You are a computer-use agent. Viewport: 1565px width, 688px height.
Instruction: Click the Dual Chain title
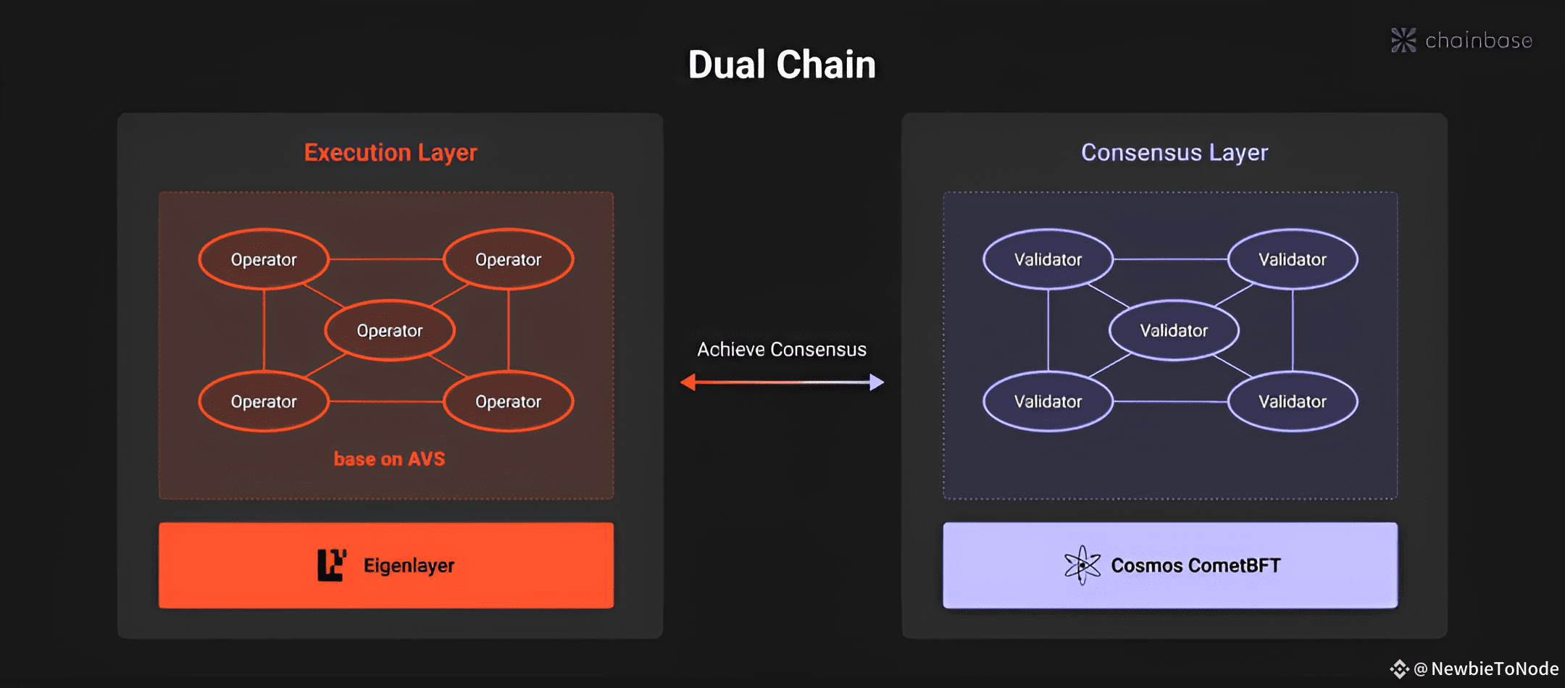point(782,64)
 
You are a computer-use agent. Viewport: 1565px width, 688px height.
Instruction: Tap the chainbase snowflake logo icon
point(1403,40)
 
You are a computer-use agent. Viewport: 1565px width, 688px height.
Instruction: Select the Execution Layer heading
point(391,153)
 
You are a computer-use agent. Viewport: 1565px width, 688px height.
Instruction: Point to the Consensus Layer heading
point(1174,153)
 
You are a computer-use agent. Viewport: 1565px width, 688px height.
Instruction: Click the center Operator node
point(390,330)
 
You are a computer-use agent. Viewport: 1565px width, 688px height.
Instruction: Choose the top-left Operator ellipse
point(264,259)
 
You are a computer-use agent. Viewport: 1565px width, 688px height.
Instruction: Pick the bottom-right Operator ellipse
point(509,401)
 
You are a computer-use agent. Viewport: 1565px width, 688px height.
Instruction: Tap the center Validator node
point(1174,330)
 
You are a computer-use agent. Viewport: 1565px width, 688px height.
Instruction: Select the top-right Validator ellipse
point(1293,259)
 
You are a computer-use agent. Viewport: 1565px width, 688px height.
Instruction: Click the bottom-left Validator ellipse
point(1048,401)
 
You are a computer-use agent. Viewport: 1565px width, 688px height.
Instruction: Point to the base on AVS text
point(389,459)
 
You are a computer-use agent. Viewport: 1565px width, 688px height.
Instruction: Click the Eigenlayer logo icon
point(332,565)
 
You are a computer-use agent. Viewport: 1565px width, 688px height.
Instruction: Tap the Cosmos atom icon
point(1082,565)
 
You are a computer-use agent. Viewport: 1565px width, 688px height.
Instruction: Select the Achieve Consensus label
point(782,350)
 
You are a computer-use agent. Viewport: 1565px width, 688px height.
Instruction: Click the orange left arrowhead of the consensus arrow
point(688,382)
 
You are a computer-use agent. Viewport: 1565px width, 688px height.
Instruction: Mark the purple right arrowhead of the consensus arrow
point(877,382)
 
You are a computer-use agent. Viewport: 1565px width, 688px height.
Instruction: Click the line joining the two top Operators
point(386,259)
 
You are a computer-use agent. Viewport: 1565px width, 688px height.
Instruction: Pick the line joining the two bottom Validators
point(1170,401)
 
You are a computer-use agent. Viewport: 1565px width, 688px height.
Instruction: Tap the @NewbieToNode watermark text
point(1486,668)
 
